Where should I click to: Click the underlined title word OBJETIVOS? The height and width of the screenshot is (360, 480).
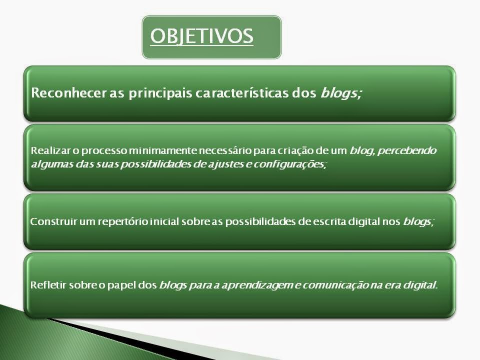click(x=201, y=36)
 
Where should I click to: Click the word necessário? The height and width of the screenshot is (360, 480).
click(x=226, y=150)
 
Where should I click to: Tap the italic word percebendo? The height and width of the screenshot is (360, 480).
click(x=407, y=151)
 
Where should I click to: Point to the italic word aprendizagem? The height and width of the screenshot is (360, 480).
click(x=257, y=286)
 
